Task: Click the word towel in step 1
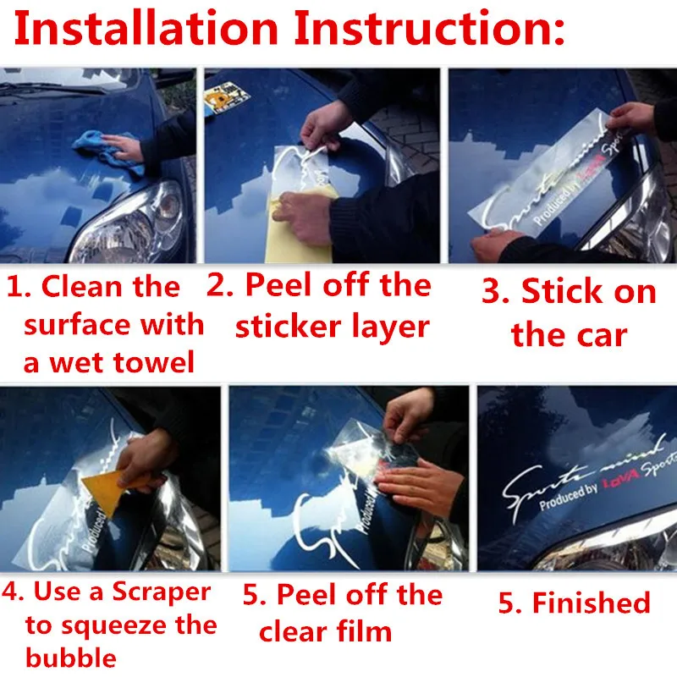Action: [154, 363]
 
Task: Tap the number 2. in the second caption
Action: [221, 285]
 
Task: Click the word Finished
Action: [591, 603]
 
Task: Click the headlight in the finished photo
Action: [592, 554]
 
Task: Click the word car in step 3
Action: [599, 335]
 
